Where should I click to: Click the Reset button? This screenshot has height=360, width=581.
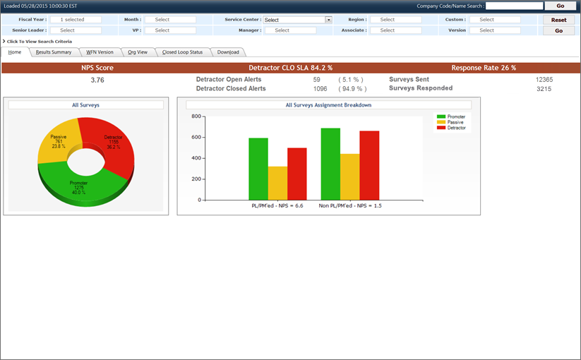pyautogui.click(x=558, y=20)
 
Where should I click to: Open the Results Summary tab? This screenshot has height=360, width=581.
pyautogui.click(x=54, y=52)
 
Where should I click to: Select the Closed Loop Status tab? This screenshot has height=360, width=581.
pyautogui.click(x=182, y=52)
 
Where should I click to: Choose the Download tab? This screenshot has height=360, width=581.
pyautogui.click(x=228, y=52)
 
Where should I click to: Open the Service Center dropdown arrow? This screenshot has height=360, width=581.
pyautogui.click(x=328, y=20)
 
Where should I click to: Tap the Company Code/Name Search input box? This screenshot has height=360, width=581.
pyautogui.click(x=514, y=6)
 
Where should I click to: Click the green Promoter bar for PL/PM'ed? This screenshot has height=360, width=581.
pyautogui.click(x=258, y=169)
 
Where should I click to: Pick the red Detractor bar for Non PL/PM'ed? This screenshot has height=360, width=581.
pyautogui.click(x=369, y=166)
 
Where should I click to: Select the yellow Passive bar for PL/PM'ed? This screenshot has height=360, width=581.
pyautogui.click(x=278, y=184)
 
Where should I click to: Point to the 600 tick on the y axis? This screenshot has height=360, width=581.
pyautogui.click(x=197, y=137)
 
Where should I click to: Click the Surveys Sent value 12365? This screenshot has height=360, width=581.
pyautogui.click(x=544, y=80)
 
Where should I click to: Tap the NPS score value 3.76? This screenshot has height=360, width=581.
pyautogui.click(x=97, y=80)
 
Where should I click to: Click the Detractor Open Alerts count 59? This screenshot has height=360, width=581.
pyautogui.click(x=316, y=80)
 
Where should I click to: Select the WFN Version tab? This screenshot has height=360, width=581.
pyautogui.click(x=100, y=52)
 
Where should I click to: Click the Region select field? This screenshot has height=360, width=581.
pyautogui.click(x=395, y=20)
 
